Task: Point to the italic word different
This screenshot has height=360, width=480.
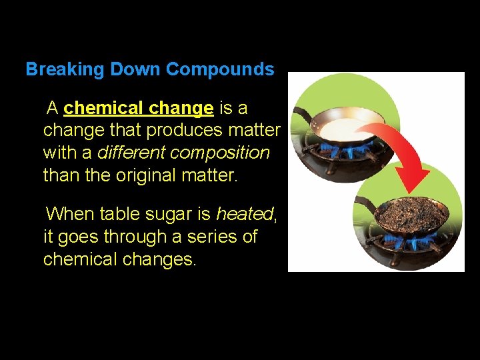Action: (x=131, y=153)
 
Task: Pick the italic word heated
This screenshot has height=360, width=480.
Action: (x=245, y=214)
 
